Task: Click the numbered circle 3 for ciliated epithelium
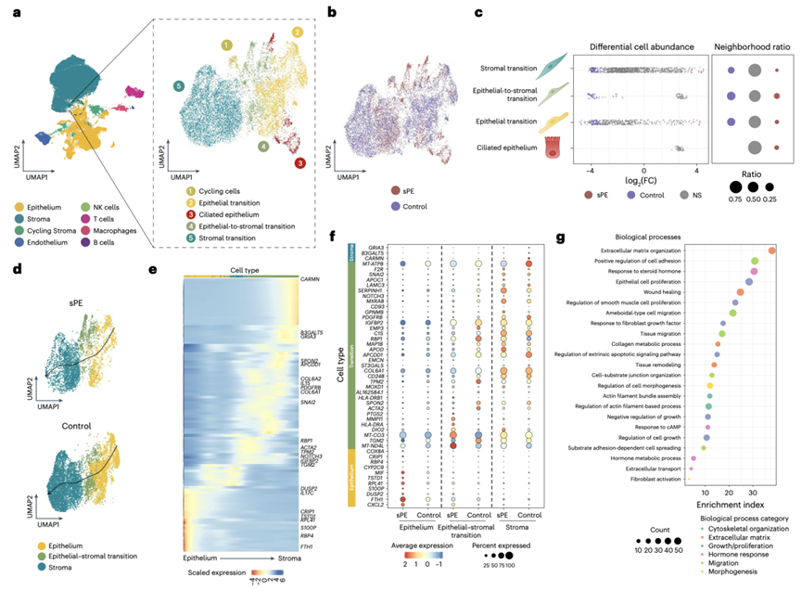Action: point(300,163)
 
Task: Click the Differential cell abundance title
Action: point(639,45)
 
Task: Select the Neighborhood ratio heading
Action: point(752,45)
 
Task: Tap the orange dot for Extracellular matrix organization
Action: point(773,251)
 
